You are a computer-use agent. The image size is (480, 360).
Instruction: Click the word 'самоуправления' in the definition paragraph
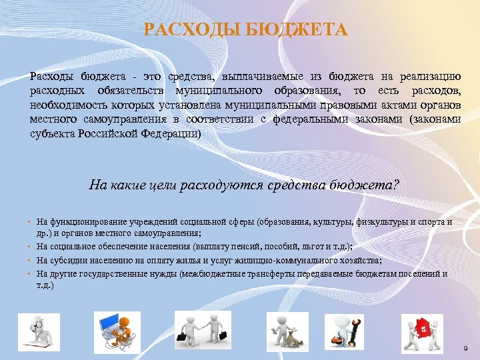124,119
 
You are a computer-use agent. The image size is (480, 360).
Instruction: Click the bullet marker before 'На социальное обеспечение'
31,248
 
